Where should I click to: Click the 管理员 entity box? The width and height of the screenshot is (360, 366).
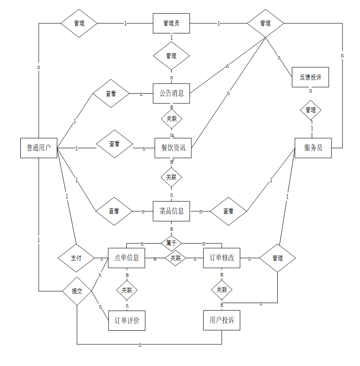pyautogui.click(x=171, y=23)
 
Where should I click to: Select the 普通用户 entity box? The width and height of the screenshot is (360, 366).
pyautogui.click(x=39, y=148)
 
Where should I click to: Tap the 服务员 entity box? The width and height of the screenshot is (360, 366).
pyautogui.click(x=313, y=148)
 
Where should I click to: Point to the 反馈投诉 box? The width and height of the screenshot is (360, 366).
pyautogui.click(x=310, y=77)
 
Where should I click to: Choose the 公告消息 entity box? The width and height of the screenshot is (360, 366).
pyautogui.click(x=171, y=93)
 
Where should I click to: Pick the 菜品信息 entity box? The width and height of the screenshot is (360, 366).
pyautogui.click(x=171, y=211)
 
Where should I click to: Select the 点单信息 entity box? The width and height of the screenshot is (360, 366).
pyautogui.click(x=127, y=258)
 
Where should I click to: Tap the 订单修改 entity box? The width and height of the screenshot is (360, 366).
pyautogui.click(x=221, y=258)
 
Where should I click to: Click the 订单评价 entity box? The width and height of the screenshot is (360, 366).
pyautogui.click(x=127, y=321)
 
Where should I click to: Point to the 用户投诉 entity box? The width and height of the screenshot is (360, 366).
pyautogui.click(x=221, y=320)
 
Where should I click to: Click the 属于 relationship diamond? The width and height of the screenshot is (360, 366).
pyautogui.click(x=171, y=242)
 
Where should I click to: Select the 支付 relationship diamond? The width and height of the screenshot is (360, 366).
pyautogui.click(x=76, y=258)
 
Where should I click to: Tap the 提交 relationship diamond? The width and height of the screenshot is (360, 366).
pyautogui.click(x=77, y=291)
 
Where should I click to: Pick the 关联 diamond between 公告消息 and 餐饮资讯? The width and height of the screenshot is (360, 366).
pyautogui.click(x=171, y=118)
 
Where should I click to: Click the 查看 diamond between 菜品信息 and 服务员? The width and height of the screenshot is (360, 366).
pyautogui.click(x=228, y=211)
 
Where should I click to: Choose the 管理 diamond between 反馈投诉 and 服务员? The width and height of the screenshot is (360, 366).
pyautogui.click(x=311, y=110)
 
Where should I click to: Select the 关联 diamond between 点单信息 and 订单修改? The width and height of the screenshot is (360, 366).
pyautogui.click(x=176, y=258)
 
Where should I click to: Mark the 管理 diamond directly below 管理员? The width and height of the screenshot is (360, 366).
pyautogui.click(x=171, y=56)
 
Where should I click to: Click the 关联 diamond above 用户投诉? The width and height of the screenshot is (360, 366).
pyautogui.click(x=221, y=290)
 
